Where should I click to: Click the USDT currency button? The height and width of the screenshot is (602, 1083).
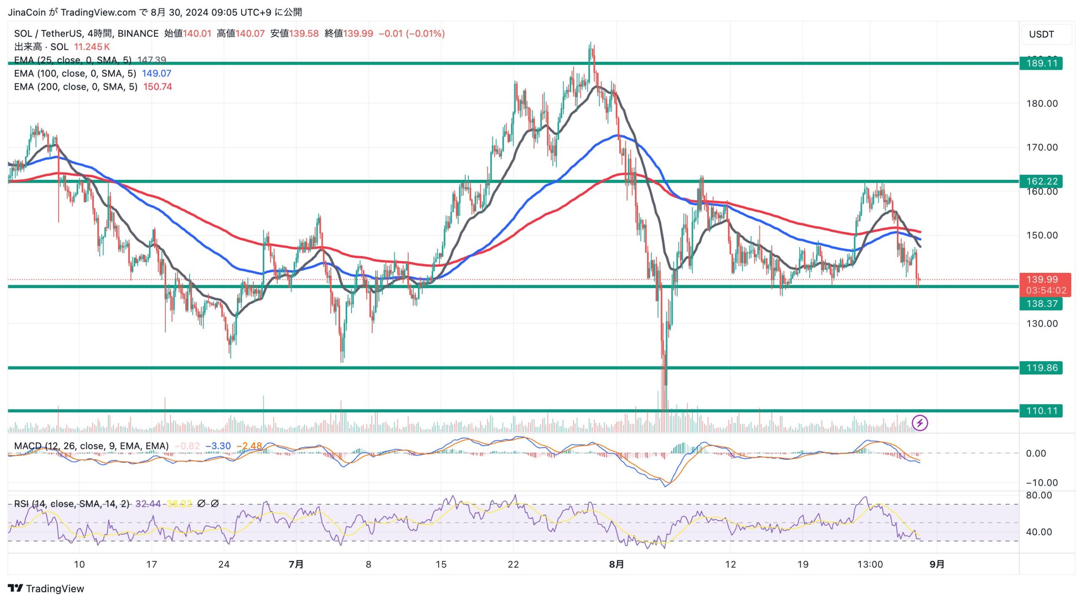pos(1047,34)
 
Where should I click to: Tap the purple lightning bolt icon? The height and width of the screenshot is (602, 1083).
pos(919,423)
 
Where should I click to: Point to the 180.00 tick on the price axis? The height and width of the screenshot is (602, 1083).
pos(1042,104)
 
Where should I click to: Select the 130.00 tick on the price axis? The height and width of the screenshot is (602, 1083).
pos(1042,324)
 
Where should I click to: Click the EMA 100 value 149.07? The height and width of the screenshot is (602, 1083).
pos(157,74)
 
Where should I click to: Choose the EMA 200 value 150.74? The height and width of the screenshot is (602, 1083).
pos(157,87)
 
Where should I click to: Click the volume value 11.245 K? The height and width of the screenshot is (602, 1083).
pos(92,47)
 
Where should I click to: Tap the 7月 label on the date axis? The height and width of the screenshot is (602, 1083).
pos(296,564)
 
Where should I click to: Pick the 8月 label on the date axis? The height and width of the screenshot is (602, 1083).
pos(616,564)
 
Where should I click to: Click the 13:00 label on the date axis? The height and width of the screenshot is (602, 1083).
pos(870,564)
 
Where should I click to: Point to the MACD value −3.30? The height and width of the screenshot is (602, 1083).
pos(218,446)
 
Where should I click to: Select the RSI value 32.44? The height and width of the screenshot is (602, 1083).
pos(148,504)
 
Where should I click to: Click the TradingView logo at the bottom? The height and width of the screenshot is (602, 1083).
pos(46,588)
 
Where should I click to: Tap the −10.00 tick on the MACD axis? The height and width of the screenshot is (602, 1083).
pos(1042,483)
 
